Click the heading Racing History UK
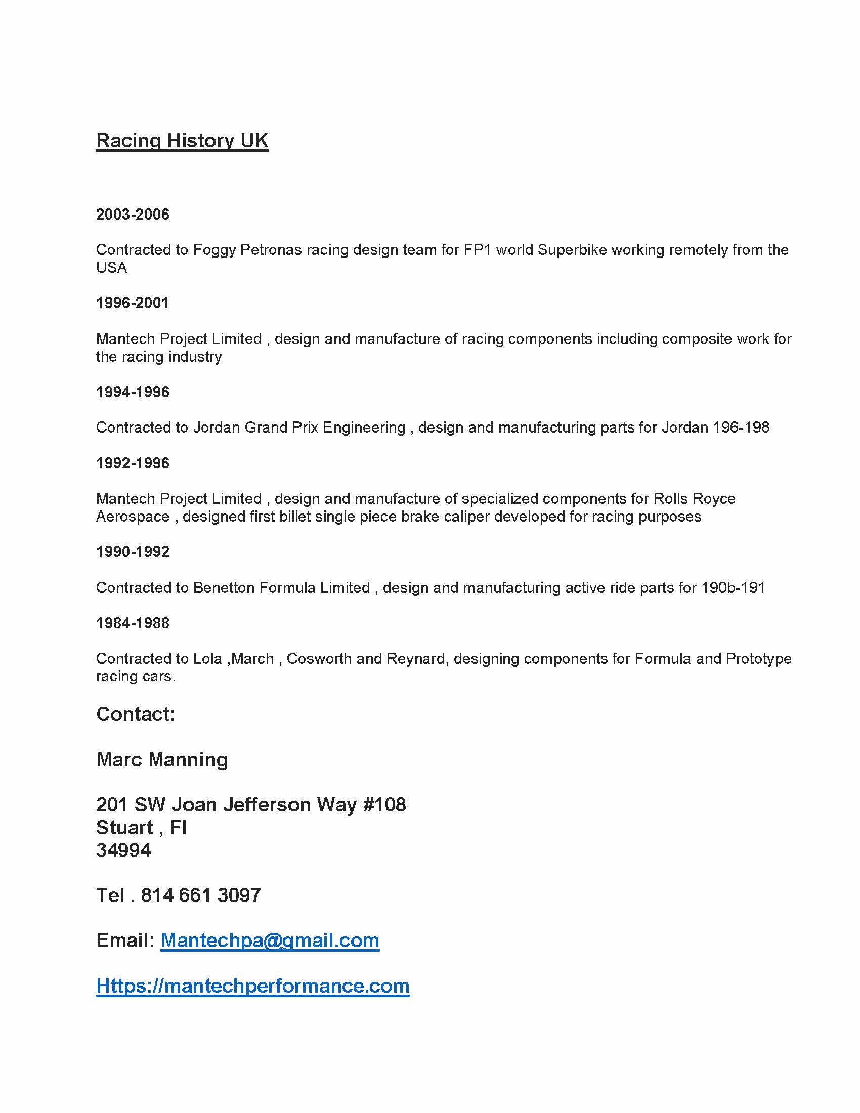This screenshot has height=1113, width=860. (182, 141)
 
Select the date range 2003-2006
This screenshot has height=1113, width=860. (133, 214)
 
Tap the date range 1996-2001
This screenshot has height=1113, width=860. (132, 303)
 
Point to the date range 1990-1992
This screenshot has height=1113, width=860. (133, 551)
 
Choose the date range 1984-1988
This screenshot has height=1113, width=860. (133, 623)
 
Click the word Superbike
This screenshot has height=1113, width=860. (572, 250)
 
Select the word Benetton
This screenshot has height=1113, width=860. (224, 587)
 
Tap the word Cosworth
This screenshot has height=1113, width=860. (319, 658)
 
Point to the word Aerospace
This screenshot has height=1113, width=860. (133, 516)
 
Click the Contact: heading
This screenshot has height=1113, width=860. (136, 714)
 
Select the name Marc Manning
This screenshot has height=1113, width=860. (162, 759)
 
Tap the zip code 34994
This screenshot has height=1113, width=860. (123, 850)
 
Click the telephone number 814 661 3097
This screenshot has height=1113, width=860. (201, 895)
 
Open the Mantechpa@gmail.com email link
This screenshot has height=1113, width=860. (270, 940)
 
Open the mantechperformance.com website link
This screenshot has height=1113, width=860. (253, 986)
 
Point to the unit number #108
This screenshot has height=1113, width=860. (384, 805)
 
